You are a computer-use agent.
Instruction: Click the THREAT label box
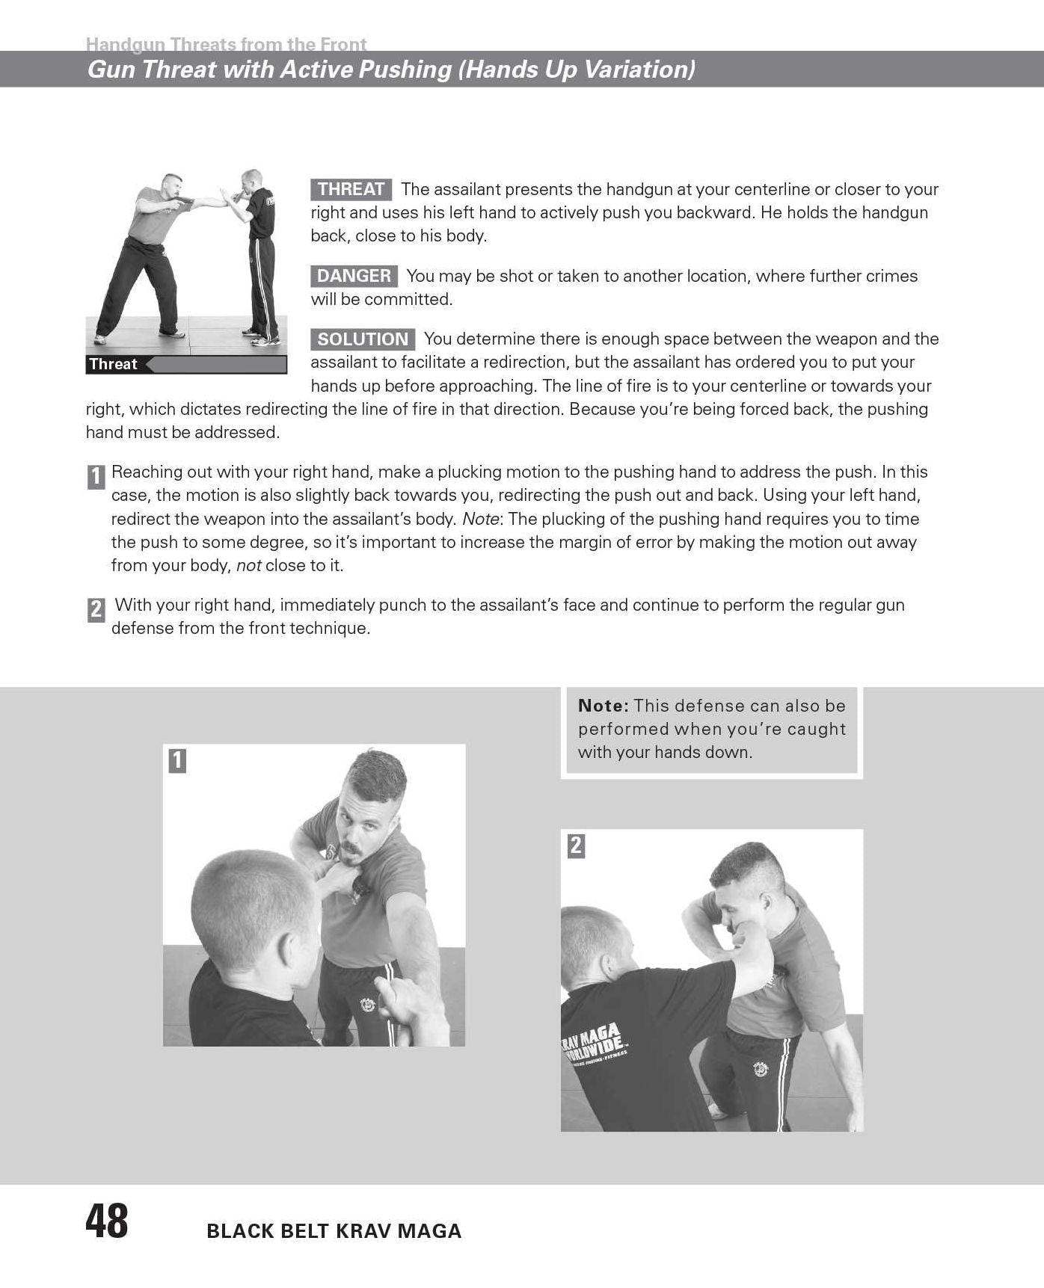(351, 189)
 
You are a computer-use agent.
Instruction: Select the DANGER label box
(354, 276)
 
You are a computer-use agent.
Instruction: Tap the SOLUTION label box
(363, 339)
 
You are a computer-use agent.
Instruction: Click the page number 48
(107, 1221)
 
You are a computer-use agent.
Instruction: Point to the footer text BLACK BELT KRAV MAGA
(334, 1231)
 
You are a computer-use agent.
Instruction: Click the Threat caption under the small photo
(113, 364)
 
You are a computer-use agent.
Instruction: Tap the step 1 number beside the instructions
(96, 477)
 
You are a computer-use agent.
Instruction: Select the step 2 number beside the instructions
(96, 610)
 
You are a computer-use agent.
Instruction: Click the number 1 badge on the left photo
(176, 761)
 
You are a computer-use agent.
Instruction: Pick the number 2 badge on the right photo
(576, 846)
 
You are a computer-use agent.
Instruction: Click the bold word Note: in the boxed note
(603, 706)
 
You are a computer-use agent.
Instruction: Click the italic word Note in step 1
(480, 519)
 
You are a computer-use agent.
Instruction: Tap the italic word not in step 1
(249, 566)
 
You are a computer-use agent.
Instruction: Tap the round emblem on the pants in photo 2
(760, 1070)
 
